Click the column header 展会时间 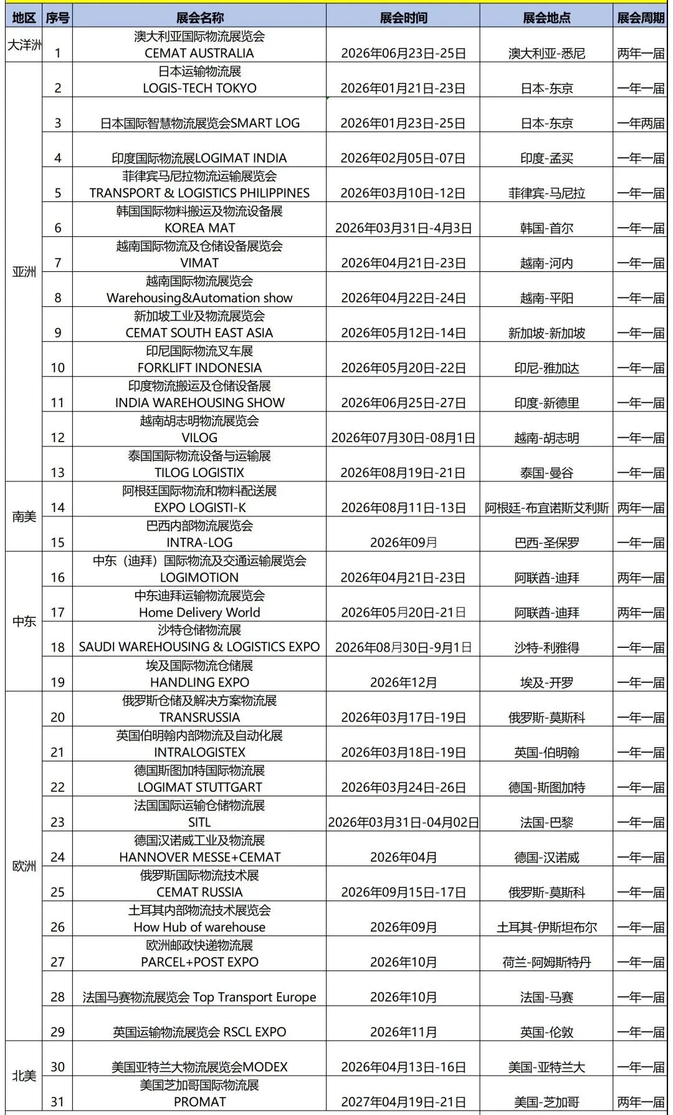pyautogui.click(x=403, y=17)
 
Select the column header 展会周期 pyautogui.click(x=641, y=17)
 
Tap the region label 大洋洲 pyautogui.click(x=24, y=45)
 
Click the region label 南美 pyautogui.click(x=24, y=516)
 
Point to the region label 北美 pyautogui.click(x=24, y=1076)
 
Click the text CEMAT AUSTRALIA pyautogui.click(x=199, y=53)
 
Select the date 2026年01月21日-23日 pyautogui.click(x=403, y=89)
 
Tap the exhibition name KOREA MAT pyautogui.click(x=199, y=228)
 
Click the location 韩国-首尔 pyautogui.click(x=547, y=228)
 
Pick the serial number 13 pyautogui.click(x=57, y=473)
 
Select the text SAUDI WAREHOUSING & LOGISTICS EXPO pyautogui.click(x=199, y=647)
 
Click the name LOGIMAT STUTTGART pyautogui.click(x=199, y=787)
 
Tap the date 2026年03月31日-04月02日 pyautogui.click(x=403, y=823)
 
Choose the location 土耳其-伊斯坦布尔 pyautogui.click(x=547, y=927)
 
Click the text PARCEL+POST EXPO pyautogui.click(x=199, y=962)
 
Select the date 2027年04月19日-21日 pyautogui.click(x=403, y=1102)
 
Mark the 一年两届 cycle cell pyautogui.click(x=641, y=123)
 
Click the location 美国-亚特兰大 pyautogui.click(x=547, y=1067)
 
